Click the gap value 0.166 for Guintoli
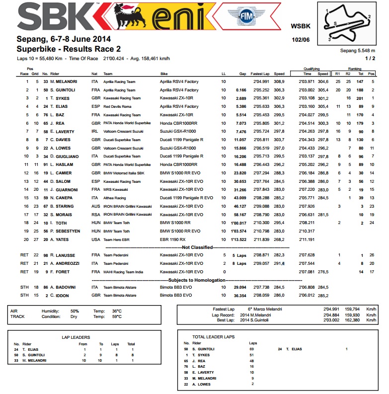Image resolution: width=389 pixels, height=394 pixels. [241, 90]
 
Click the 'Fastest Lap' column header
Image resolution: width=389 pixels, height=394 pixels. [260, 74]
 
